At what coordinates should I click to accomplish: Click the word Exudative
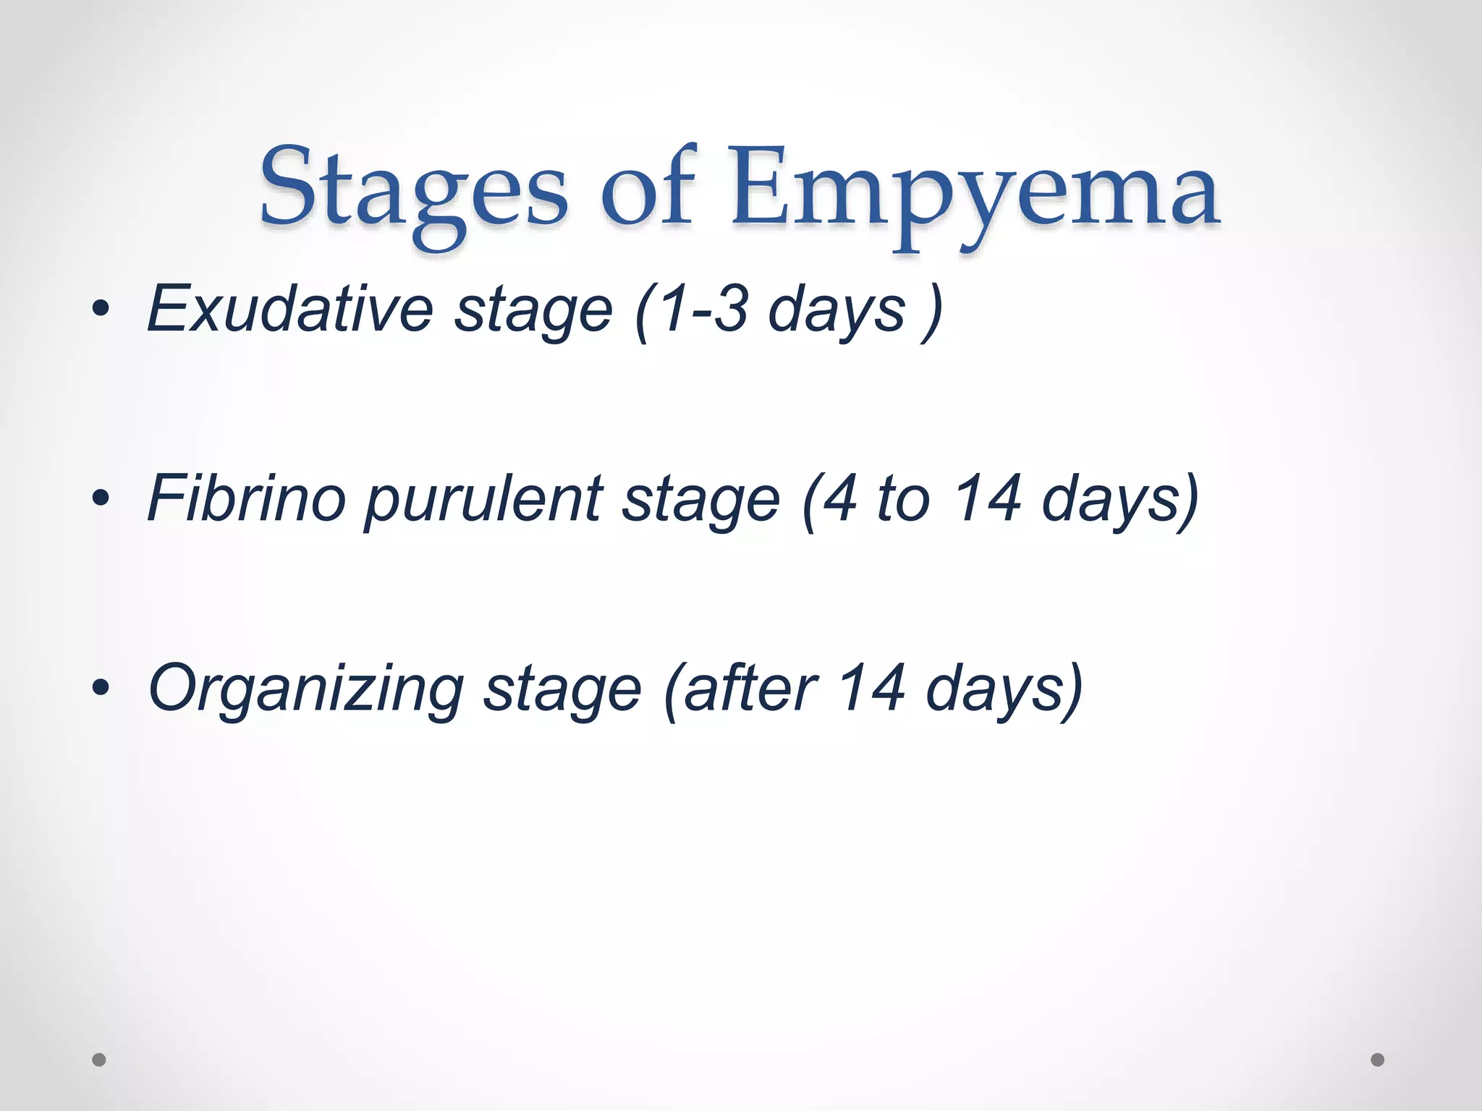coord(289,310)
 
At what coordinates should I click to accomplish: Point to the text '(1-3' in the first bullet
coord(691,310)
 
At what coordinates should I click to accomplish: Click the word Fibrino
coord(247,498)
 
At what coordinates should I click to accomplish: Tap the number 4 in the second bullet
coord(839,498)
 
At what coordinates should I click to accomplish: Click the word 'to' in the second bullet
coord(903,498)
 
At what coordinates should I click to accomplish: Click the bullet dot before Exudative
coord(101,310)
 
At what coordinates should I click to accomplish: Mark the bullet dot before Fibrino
coord(101,498)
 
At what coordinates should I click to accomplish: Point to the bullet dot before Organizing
coord(101,688)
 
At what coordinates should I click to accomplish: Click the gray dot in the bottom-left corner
coord(99,1060)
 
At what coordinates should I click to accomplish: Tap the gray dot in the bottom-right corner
coord(1378,1060)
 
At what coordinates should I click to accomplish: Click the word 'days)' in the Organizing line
coord(1004,689)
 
